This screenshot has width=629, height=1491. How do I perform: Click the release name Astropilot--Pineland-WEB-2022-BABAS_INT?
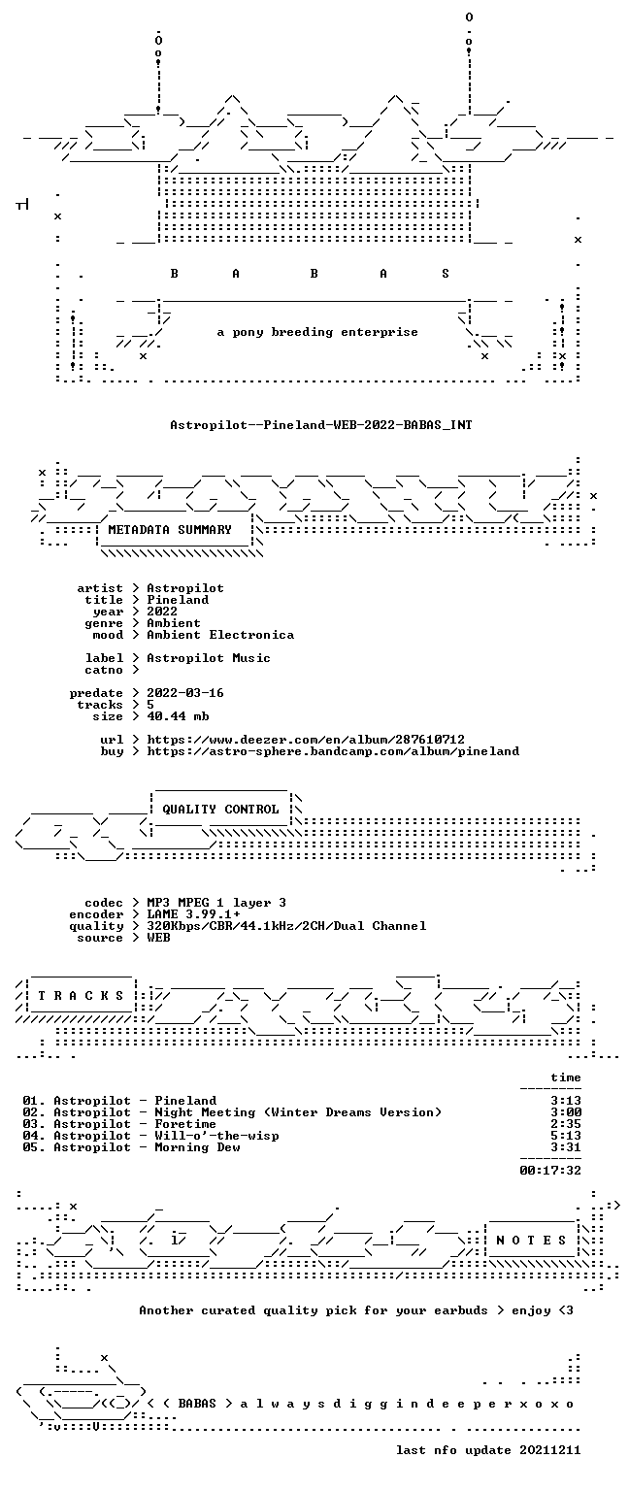(321, 424)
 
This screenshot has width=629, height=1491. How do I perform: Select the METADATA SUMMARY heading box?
(175, 531)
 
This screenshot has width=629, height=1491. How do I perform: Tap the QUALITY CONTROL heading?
(220, 810)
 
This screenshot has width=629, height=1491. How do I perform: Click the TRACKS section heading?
(82, 995)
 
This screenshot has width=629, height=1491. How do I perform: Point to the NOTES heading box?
(531, 1240)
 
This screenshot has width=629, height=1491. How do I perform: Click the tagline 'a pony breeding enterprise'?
(317, 332)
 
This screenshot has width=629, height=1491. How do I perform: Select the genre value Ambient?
(174, 623)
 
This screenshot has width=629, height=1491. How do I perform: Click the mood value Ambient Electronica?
(220, 635)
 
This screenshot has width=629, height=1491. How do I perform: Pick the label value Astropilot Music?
(209, 658)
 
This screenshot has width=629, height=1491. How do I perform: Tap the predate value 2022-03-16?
(185, 693)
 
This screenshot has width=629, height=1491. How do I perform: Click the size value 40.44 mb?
(178, 716)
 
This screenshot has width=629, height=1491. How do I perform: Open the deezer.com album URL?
(306, 740)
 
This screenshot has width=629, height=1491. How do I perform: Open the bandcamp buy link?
(333, 751)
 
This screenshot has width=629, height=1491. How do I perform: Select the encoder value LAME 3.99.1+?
(193, 914)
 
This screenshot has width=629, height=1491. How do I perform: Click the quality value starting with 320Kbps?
(286, 926)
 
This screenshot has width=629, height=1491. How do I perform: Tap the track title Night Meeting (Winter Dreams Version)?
(298, 1112)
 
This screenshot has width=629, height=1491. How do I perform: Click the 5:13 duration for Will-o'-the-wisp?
(566, 1136)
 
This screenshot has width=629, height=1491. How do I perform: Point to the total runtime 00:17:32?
(550, 1170)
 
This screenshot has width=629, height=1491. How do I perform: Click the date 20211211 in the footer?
(549, 1449)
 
